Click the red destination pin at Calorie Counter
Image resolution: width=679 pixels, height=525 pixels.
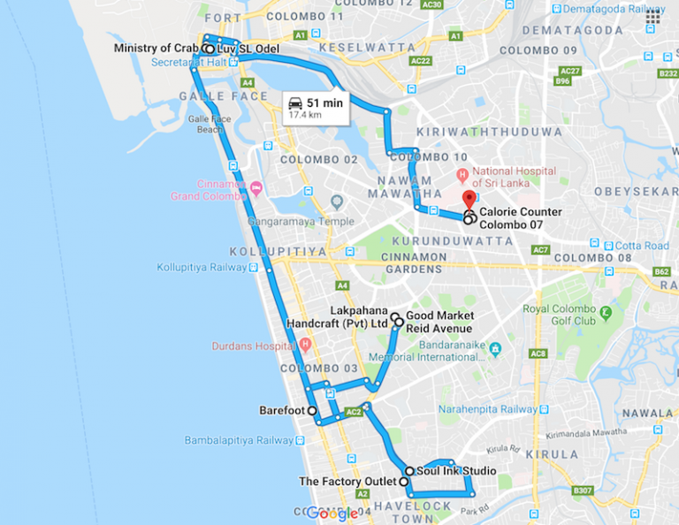pyautogui.click(x=469, y=199)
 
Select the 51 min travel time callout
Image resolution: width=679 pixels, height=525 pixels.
pyautogui.click(x=315, y=107)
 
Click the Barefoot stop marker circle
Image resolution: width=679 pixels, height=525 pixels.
pyautogui.click(x=312, y=411)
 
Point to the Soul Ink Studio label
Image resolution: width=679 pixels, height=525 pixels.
pyautogui.click(x=456, y=471)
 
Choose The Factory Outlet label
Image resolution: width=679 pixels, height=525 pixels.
pyautogui.click(x=347, y=482)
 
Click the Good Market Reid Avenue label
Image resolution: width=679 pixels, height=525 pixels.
pyautogui.click(x=439, y=322)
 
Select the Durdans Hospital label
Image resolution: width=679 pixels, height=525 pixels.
pyautogui.click(x=253, y=346)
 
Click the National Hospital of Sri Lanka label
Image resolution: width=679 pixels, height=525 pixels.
pyautogui.click(x=514, y=177)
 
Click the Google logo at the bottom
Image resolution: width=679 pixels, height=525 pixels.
pyautogui.click(x=332, y=514)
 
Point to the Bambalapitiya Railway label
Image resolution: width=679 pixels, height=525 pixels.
pyautogui.click(x=239, y=440)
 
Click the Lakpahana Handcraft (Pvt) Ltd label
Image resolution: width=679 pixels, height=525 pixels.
pyautogui.click(x=337, y=317)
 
